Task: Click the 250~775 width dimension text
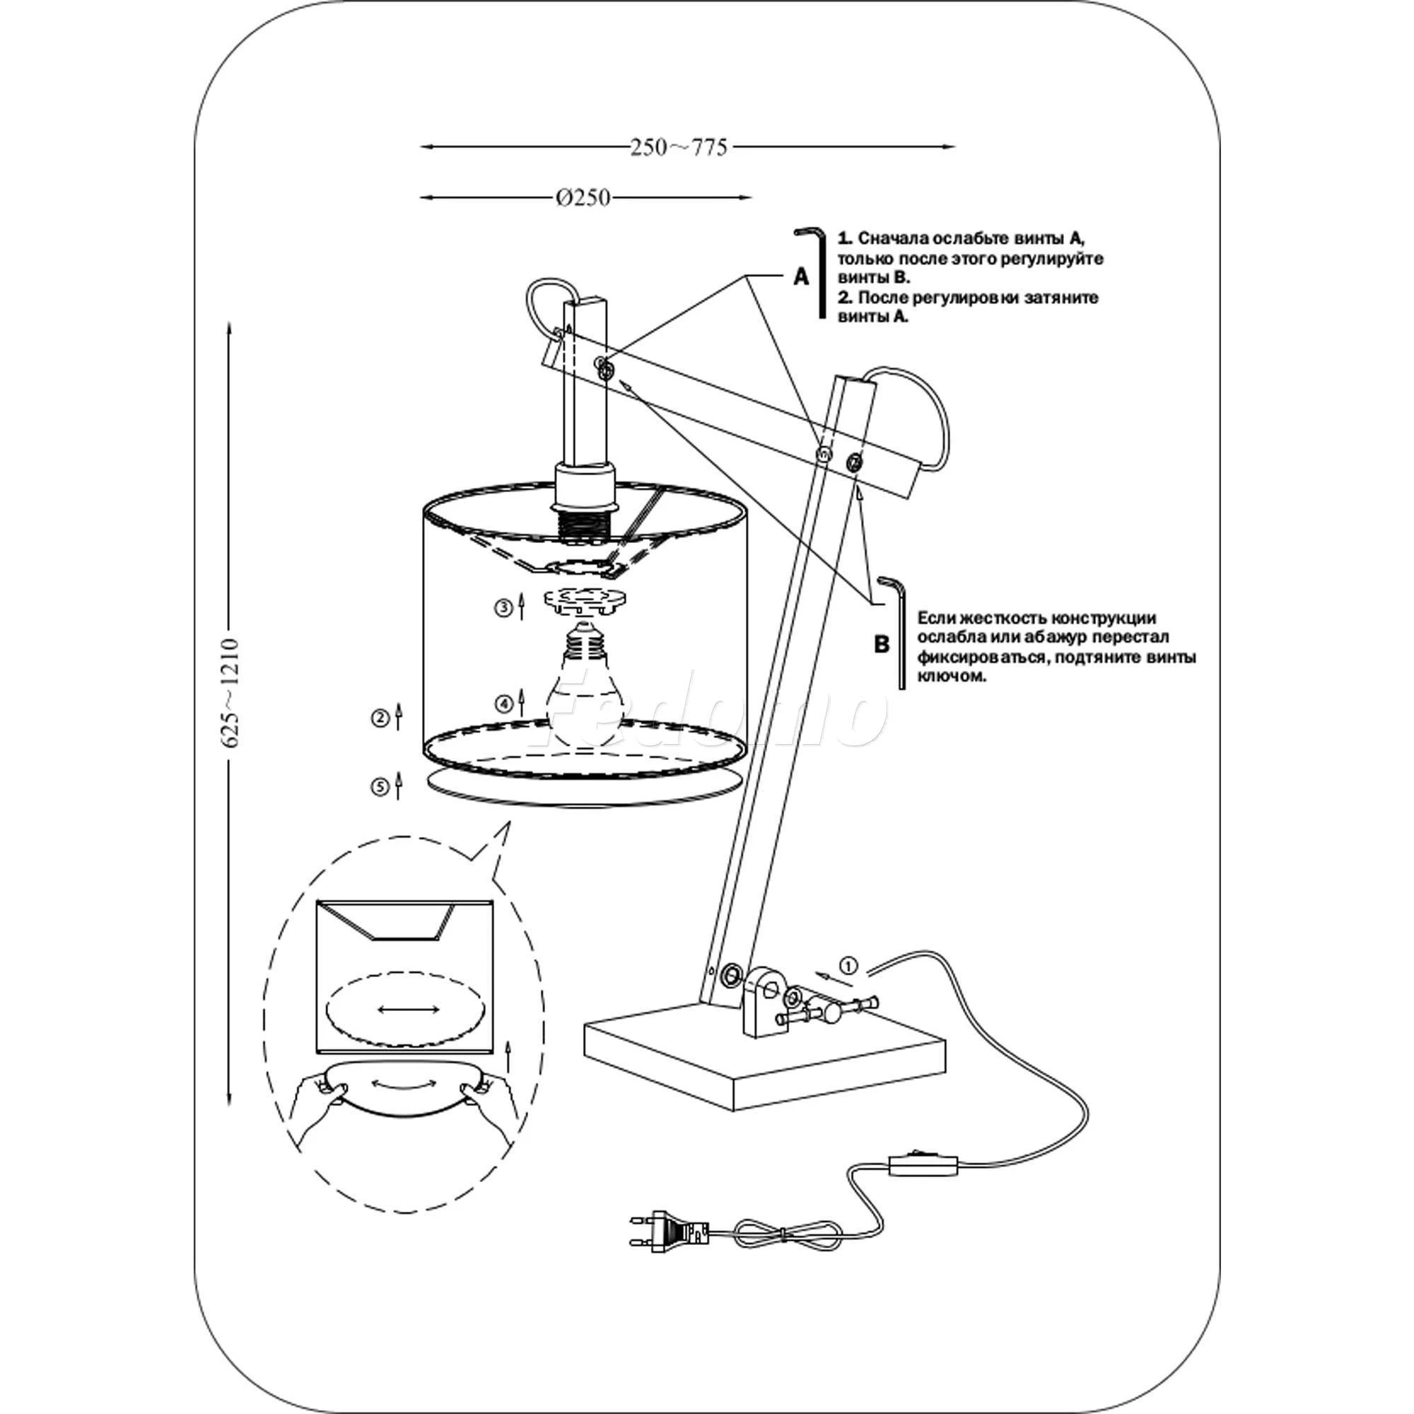679,148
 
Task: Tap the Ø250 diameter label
583,198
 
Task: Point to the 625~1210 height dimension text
230,691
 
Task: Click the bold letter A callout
802,277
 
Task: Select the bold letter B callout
881,644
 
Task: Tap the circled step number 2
379,719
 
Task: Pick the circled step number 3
503,609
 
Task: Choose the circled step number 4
503,704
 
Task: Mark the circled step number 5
379,787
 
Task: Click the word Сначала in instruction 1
894,238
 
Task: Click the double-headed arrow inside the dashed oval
409,1010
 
